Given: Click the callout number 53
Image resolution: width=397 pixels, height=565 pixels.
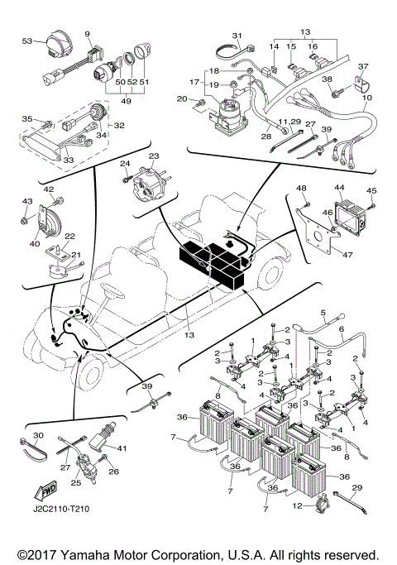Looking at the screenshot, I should coord(26,40).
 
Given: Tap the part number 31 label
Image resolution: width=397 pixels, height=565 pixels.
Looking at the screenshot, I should coord(236,36).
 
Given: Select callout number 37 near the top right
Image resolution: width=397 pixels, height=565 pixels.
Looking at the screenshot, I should coord(362,67).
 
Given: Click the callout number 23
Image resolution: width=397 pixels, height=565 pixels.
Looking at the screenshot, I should coord(153,156).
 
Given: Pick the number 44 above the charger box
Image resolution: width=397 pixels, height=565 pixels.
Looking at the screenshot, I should coord(339,188).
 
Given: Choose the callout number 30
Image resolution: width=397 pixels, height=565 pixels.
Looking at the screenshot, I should coord(38,436).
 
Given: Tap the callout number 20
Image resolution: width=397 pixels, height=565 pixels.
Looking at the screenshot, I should coord(181,99).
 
